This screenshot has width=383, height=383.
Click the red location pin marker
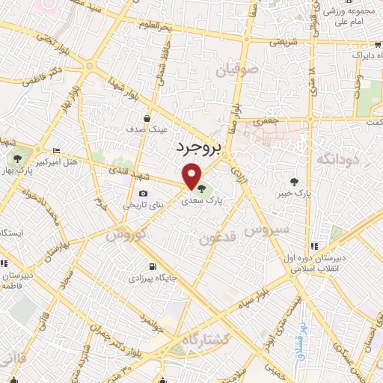pos(195,177)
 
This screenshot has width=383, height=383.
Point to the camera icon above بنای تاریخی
pos(142,194)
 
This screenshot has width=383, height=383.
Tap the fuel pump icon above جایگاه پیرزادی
pos(153,267)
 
